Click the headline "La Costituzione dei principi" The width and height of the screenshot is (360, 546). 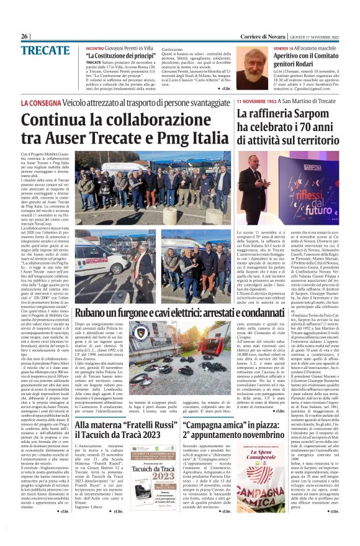120,56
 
